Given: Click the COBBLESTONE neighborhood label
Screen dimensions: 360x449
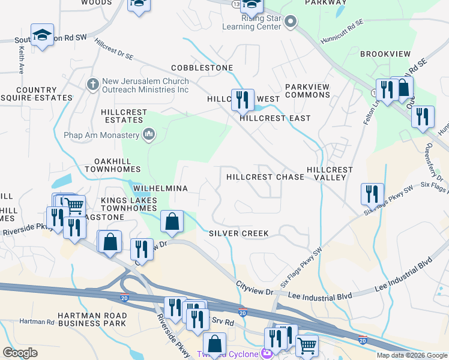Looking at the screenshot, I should (x=202, y=68).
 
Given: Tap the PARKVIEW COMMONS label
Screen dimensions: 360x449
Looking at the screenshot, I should (x=307, y=91).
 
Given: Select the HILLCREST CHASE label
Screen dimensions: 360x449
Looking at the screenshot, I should (x=265, y=177).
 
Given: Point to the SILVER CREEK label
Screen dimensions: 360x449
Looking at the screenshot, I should (x=238, y=233).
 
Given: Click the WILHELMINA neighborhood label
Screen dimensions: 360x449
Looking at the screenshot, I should (x=156, y=188).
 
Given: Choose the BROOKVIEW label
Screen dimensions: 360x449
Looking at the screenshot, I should (x=385, y=54).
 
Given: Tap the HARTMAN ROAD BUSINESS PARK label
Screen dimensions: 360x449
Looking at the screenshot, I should (x=92, y=319).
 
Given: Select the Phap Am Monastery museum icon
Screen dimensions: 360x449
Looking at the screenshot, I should (x=148, y=135).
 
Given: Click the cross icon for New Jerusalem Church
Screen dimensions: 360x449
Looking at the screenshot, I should (x=92, y=84).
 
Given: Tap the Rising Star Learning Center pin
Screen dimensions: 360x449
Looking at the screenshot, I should (x=291, y=23).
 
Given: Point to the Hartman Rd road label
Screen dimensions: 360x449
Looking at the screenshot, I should (x=37, y=322).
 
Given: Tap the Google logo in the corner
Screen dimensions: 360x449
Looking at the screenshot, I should (x=20, y=353).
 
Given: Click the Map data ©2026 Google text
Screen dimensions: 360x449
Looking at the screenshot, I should (x=412, y=355).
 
